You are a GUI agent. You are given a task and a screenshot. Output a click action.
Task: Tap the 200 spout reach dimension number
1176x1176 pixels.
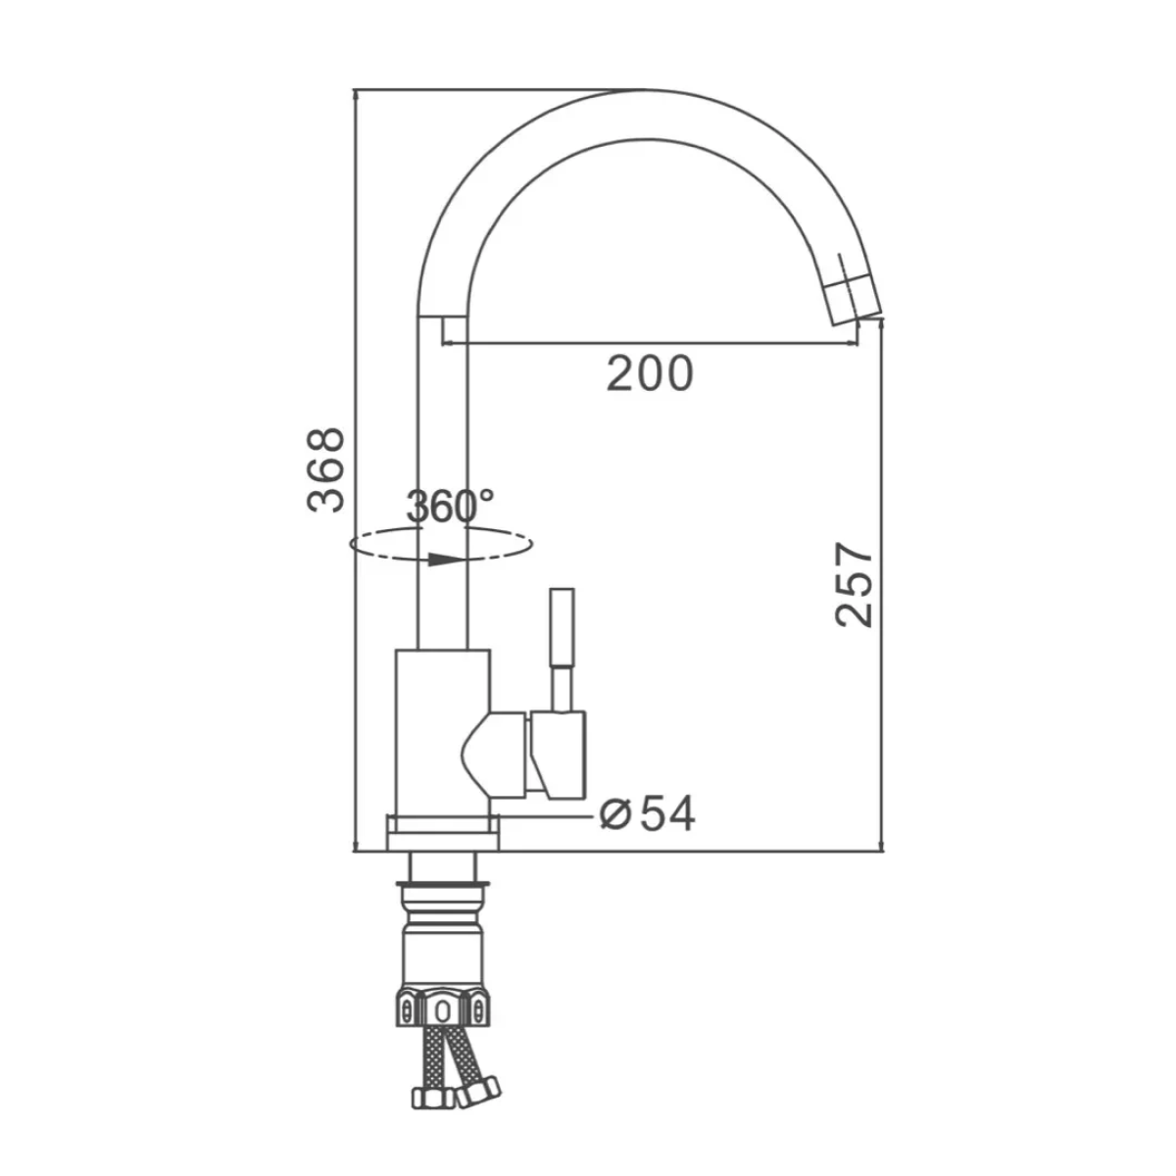coord(650,373)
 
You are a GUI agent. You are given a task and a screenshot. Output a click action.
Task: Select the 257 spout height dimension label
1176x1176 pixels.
coord(854,585)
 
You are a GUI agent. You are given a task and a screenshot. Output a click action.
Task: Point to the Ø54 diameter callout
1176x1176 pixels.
coord(648,813)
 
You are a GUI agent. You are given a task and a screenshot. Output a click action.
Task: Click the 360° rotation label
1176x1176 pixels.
coord(451,506)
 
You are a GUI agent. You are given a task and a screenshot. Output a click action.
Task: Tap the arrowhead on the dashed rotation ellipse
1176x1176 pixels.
coord(442,560)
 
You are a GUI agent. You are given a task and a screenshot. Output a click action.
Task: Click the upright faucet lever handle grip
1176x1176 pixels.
coord(563,627)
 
